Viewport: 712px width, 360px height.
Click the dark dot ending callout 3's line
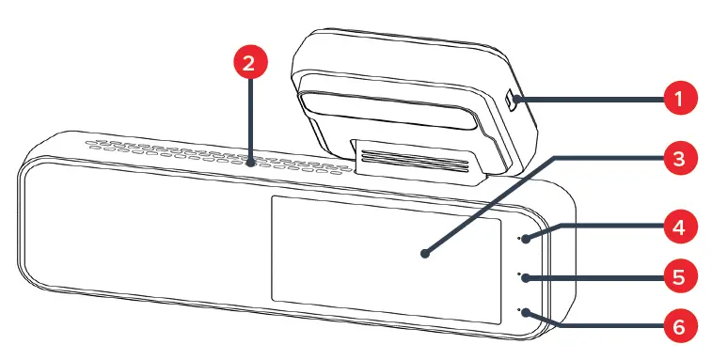[x=425, y=253]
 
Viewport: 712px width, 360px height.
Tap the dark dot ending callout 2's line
[x=250, y=162]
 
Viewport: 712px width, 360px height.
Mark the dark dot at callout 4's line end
[x=528, y=238]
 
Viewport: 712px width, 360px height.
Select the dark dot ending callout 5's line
[x=528, y=277]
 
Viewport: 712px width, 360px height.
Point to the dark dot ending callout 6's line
[x=528, y=314]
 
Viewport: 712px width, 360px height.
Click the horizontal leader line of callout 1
[x=593, y=99]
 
